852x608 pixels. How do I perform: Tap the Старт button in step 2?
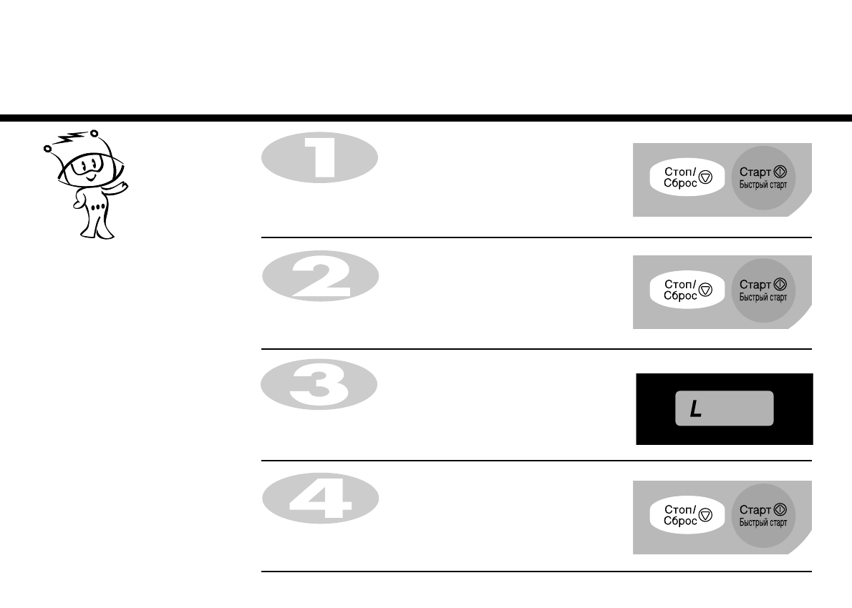click(763, 290)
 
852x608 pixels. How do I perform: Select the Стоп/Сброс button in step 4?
click(684, 516)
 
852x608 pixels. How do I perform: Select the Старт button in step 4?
click(763, 515)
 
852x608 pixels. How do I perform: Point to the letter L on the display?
click(695, 409)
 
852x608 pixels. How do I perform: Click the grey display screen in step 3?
click(725, 408)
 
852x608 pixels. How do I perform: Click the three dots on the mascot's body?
click(100, 207)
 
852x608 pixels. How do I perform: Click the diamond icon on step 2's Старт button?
click(780, 285)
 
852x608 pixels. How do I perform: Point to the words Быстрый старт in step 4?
click(763, 522)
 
